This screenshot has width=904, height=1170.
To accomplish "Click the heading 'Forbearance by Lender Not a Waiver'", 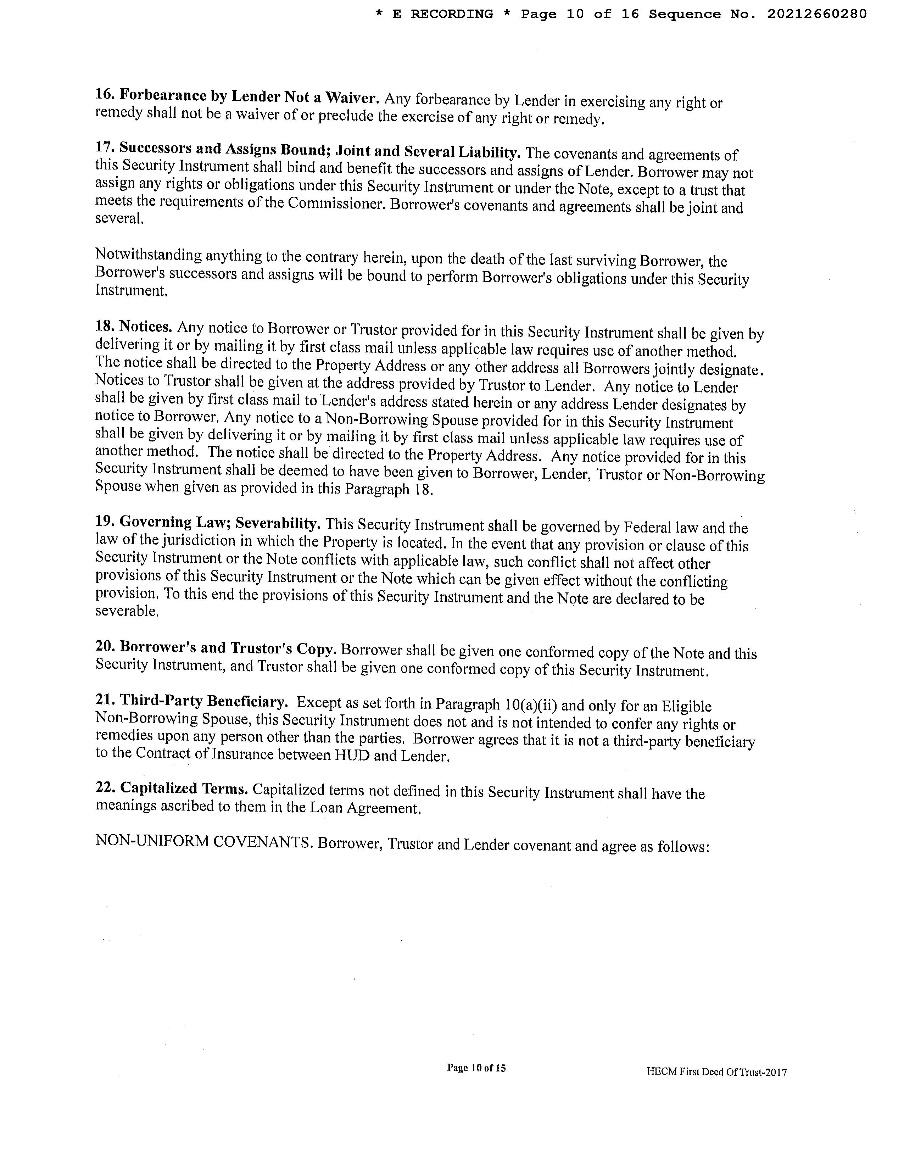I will click(x=249, y=97).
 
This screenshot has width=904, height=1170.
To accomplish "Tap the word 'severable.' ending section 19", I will click(x=127, y=611).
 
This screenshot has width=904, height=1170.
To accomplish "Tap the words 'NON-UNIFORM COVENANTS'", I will click(x=203, y=842).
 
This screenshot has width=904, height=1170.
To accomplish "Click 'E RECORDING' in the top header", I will click(x=443, y=15).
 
